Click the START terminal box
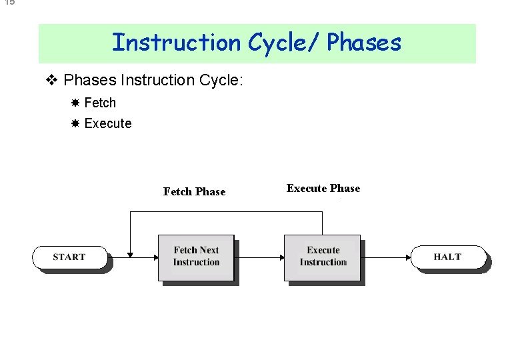tap(69, 257)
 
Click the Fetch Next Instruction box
tap(196, 257)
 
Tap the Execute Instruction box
tap(323, 257)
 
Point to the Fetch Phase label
tap(194, 192)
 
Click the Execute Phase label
tap(323, 189)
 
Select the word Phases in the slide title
tap(364, 43)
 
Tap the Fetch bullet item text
tap(100, 103)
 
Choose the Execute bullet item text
tap(108, 123)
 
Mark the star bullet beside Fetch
tap(75, 103)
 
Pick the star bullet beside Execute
tap(75, 123)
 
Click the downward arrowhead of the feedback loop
tap(130, 253)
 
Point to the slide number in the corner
tap(7, 3)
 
